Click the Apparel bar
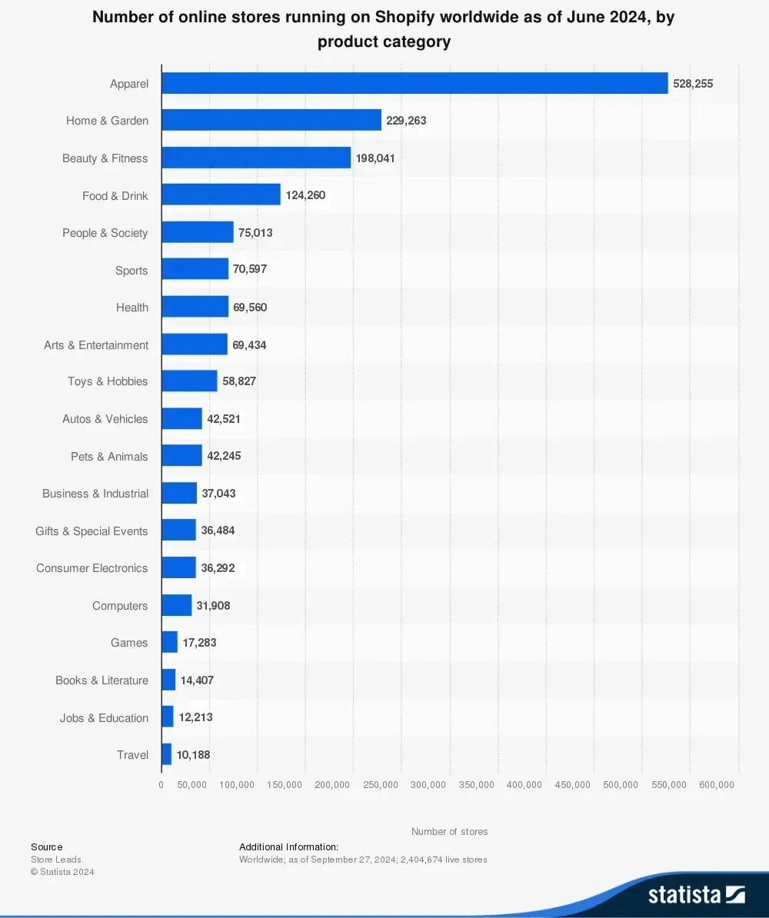pos(414,83)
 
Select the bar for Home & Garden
pos(271,120)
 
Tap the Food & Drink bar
pos(221,195)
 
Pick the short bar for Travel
pos(166,754)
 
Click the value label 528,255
pos(693,84)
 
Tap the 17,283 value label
pos(199,643)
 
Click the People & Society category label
pos(105,233)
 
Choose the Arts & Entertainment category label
pos(96,345)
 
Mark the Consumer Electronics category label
pos(92,568)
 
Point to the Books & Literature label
pos(102,680)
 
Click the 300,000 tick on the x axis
pos(428,785)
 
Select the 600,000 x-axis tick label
pos(717,785)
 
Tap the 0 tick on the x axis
pos(161,785)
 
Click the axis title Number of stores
pos(449,832)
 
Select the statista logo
pos(696,894)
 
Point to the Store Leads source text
pos(55,860)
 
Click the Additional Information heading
pos(288,846)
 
